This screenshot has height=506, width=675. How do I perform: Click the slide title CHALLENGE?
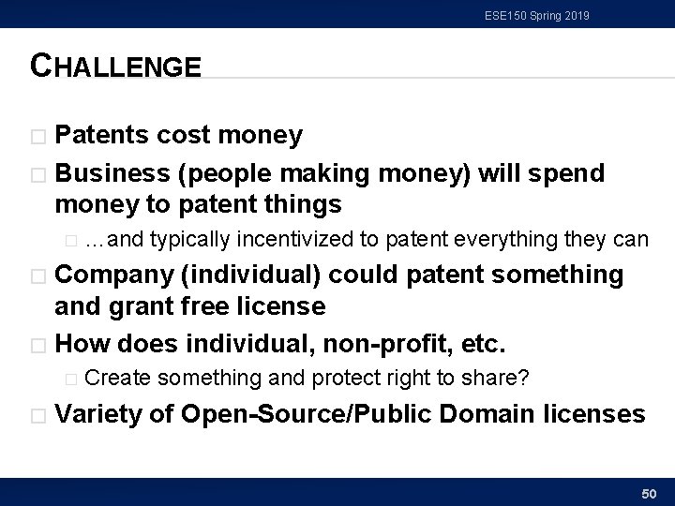point(115,67)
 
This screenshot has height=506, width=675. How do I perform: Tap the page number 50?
point(647,492)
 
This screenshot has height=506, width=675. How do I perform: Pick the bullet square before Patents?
point(38,137)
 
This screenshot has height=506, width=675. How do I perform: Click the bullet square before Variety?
point(38,415)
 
